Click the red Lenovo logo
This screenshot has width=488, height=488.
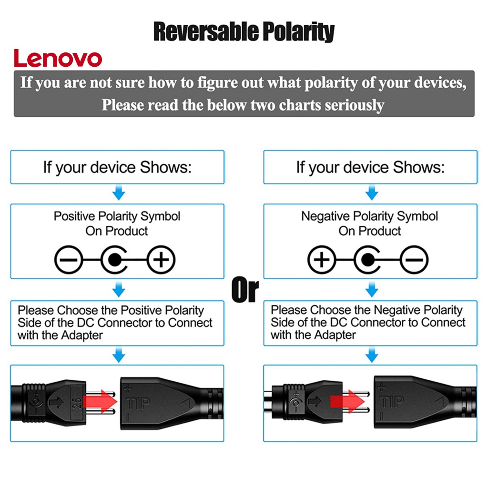click(58, 58)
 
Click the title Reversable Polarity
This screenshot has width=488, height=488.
click(244, 32)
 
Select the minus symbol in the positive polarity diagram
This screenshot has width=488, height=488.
click(69, 260)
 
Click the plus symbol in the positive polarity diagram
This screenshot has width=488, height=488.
click(161, 260)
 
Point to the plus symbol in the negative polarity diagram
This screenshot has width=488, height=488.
click(322, 260)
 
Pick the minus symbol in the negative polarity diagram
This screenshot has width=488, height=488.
click(414, 260)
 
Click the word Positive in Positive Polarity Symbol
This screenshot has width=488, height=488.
click(74, 216)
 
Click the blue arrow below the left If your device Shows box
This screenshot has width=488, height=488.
click(118, 193)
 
